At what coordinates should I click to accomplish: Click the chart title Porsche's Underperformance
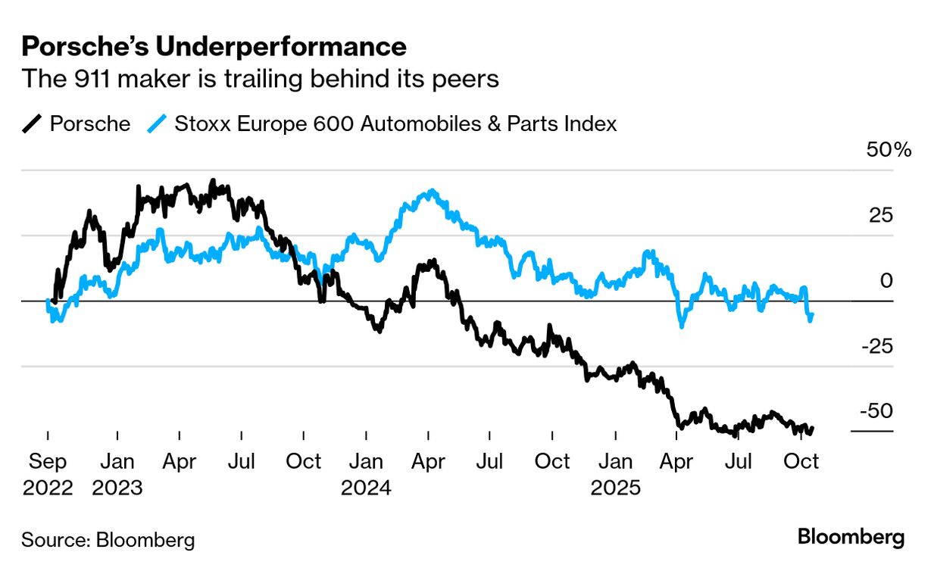214,47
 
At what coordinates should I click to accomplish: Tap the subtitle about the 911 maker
260,78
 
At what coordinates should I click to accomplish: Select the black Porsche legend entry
76,123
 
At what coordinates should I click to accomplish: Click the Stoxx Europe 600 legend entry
383,123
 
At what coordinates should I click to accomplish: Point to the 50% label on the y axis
889,150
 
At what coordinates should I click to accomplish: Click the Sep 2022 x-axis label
48,473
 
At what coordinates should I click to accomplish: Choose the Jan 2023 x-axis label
117,473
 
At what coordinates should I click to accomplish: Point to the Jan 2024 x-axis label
366,473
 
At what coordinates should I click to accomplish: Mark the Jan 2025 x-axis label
615,473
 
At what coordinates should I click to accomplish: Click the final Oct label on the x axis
801,461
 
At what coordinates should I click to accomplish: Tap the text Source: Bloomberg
108,540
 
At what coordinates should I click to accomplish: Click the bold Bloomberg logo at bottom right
851,538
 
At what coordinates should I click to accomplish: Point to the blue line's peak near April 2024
430,192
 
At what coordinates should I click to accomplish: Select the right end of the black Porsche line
812,429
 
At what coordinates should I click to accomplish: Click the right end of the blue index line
812,314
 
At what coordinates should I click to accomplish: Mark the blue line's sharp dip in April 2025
682,326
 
